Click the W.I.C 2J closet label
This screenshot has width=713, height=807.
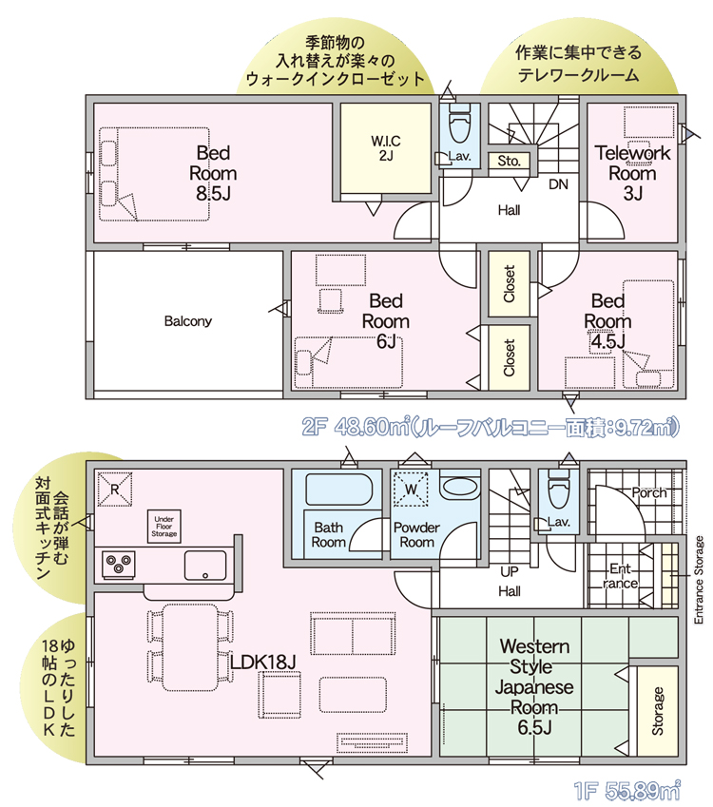point(386,147)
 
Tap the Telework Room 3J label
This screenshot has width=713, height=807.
point(633,173)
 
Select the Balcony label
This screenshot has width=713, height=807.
point(188,321)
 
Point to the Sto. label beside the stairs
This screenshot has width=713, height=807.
point(510,161)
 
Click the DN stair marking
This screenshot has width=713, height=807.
point(559,183)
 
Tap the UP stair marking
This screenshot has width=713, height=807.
point(510,572)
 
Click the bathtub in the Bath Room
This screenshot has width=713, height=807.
point(339,489)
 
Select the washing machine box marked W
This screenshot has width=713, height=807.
point(411,489)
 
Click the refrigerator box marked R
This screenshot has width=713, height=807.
point(115,489)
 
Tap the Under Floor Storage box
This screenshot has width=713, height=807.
point(164,527)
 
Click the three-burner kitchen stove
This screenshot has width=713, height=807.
point(119,564)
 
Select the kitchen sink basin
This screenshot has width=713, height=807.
point(205,566)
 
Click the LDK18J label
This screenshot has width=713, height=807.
point(263,663)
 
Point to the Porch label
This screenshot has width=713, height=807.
point(649,493)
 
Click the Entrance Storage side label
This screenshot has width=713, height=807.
point(699,580)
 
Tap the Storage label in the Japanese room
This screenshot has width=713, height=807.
point(658,711)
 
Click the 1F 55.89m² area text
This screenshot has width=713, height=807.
point(626,790)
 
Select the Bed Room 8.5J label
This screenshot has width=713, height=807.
point(213,173)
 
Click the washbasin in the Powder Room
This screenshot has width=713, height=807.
point(460,487)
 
